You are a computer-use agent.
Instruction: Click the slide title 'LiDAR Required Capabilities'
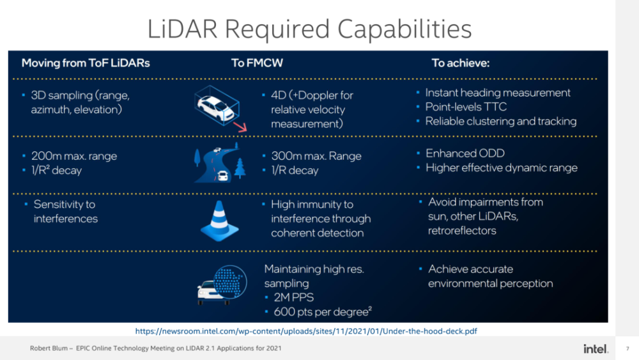coord(309,29)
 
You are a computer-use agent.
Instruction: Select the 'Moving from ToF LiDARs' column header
coord(86,63)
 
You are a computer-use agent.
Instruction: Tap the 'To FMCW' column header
coord(257,63)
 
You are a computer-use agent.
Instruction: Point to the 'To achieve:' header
coord(461,63)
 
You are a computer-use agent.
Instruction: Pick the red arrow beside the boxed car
coord(240,127)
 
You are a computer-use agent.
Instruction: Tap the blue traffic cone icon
coord(220,221)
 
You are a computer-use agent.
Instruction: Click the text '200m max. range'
coord(74,156)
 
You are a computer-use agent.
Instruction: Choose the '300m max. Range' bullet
coord(316,156)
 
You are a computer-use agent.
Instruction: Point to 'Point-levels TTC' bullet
coord(466,107)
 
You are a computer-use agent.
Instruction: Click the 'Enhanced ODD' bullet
coord(465,153)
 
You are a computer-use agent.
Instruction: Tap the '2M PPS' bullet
coord(294,297)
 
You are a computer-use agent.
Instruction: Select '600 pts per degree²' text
coord(323,312)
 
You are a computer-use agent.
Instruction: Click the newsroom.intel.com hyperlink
coord(306,331)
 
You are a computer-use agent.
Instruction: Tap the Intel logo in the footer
coord(596,348)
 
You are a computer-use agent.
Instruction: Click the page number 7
coord(627,348)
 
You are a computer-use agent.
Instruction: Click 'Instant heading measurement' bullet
coord(498,93)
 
